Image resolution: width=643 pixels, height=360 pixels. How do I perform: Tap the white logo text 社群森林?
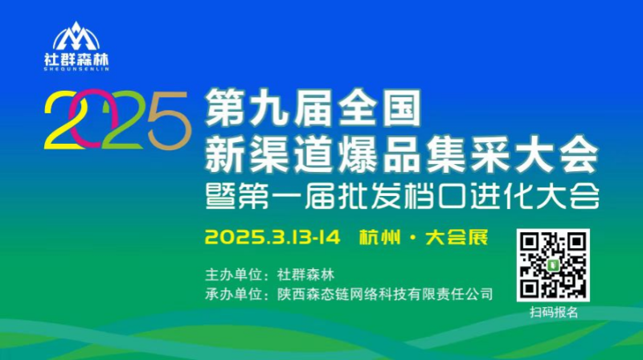point(76,59)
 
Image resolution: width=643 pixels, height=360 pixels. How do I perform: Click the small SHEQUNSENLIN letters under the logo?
point(76,69)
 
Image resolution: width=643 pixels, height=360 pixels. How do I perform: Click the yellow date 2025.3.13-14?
point(272,237)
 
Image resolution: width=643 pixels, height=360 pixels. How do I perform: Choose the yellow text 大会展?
point(457,237)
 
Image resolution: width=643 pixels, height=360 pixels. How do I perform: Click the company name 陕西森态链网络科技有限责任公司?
point(385,294)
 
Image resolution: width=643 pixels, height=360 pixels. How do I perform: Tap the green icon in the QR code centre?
point(553,265)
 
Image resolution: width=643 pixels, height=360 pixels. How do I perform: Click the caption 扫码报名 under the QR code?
point(554,313)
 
